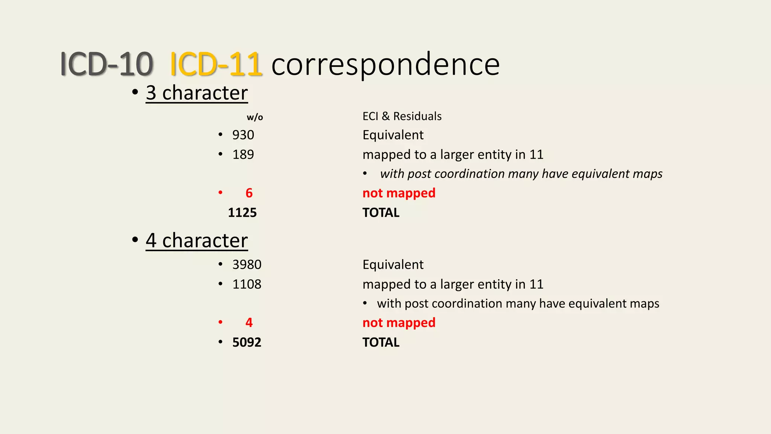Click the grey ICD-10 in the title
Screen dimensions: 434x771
click(107, 64)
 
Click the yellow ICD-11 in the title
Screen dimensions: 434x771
click(216, 64)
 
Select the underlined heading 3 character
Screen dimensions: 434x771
click(197, 93)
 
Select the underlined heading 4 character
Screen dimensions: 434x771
click(197, 240)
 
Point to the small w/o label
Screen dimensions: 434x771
click(255, 117)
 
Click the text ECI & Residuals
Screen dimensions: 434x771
click(402, 116)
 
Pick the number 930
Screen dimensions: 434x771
click(243, 135)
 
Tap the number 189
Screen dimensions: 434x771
click(243, 154)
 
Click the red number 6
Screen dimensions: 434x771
click(249, 193)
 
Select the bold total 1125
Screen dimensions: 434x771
click(242, 213)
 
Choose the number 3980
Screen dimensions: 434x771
click(247, 264)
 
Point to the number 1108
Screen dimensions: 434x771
click(247, 284)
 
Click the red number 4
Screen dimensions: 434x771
click(249, 323)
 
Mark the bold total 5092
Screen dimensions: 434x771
click(247, 342)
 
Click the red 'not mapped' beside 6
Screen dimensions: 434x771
click(399, 193)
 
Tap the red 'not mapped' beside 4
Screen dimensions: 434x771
click(399, 323)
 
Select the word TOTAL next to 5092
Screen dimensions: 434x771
click(381, 342)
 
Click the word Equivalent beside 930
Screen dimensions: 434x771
click(393, 135)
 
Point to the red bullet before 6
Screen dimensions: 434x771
click(220, 193)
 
